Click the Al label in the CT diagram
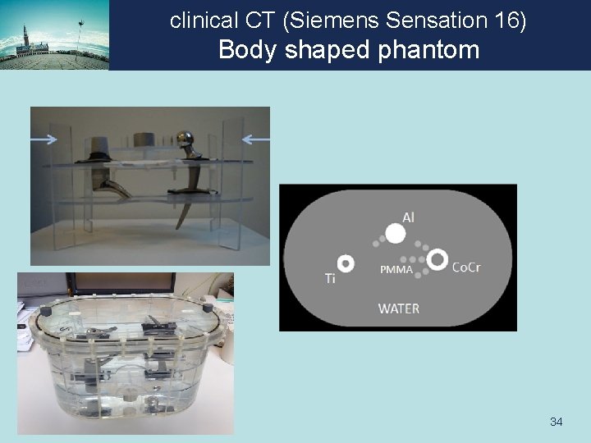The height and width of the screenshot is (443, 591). click(407, 217)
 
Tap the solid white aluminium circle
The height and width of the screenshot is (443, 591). click(396, 234)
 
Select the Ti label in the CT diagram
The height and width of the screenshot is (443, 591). click(330, 279)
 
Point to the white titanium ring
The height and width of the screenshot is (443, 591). click(346, 263)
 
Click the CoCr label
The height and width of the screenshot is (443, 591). click(466, 267)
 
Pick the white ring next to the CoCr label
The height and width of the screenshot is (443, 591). click(437, 259)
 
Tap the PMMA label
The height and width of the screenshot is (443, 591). click(395, 270)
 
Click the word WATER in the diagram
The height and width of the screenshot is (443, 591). click(398, 309)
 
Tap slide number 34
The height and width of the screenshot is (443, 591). click(556, 422)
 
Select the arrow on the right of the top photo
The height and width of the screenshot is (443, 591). click(256, 139)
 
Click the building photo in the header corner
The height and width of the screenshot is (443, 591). click(54, 34)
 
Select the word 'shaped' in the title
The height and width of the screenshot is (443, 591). click(322, 50)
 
